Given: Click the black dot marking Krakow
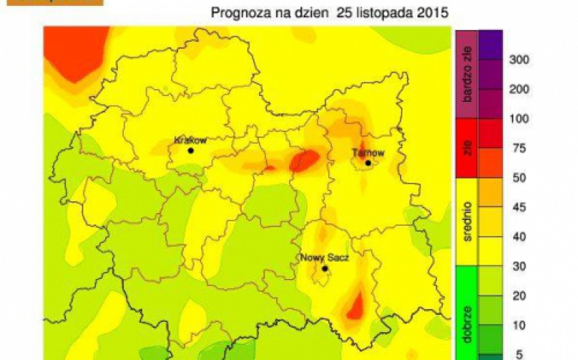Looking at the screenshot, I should click(x=191, y=150).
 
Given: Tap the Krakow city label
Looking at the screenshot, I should click(x=190, y=139).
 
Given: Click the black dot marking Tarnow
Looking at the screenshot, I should click(x=369, y=163).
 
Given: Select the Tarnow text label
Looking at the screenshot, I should click(x=369, y=153).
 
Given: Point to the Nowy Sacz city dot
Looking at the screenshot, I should click(x=325, y=268).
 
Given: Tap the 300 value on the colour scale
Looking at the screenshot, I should click(x=519, y=59).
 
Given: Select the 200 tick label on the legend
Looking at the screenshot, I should click(x=519, y=89).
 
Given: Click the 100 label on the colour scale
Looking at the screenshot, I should click(x=519, y=118).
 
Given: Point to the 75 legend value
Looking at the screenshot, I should click(x=516, y=148).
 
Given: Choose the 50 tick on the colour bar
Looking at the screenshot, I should click(x=516, y=178).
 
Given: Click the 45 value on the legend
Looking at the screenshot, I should click(x=516, y=208).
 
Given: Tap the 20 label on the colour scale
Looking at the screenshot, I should click(x=516, y=296).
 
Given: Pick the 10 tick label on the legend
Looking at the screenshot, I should click(x=516, y=325).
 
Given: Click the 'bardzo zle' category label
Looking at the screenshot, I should click(x=465, y=73).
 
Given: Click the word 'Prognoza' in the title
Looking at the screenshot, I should click(x=239, y=13).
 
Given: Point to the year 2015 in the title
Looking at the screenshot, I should click(x=435, y=13).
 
